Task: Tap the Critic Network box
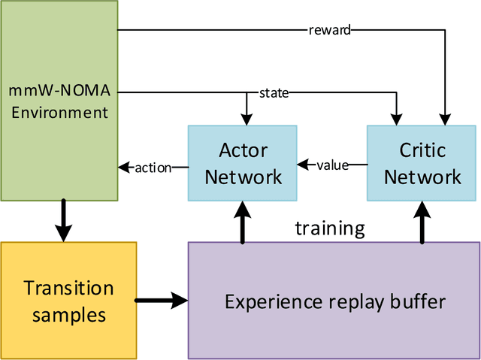click(x=423, y=163)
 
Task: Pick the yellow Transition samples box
click(x=68, y=301)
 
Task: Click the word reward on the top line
click(x=329, y=30)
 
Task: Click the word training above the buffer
click(x=330, y=228)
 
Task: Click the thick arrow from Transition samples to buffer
click(x=161, y=301)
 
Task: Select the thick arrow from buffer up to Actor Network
click(x=242, y=222)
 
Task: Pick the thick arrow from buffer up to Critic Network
click(x=422, y=222)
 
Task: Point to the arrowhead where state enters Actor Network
click(x=246, y=119)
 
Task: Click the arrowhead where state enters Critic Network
click(x=395, y=119)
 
